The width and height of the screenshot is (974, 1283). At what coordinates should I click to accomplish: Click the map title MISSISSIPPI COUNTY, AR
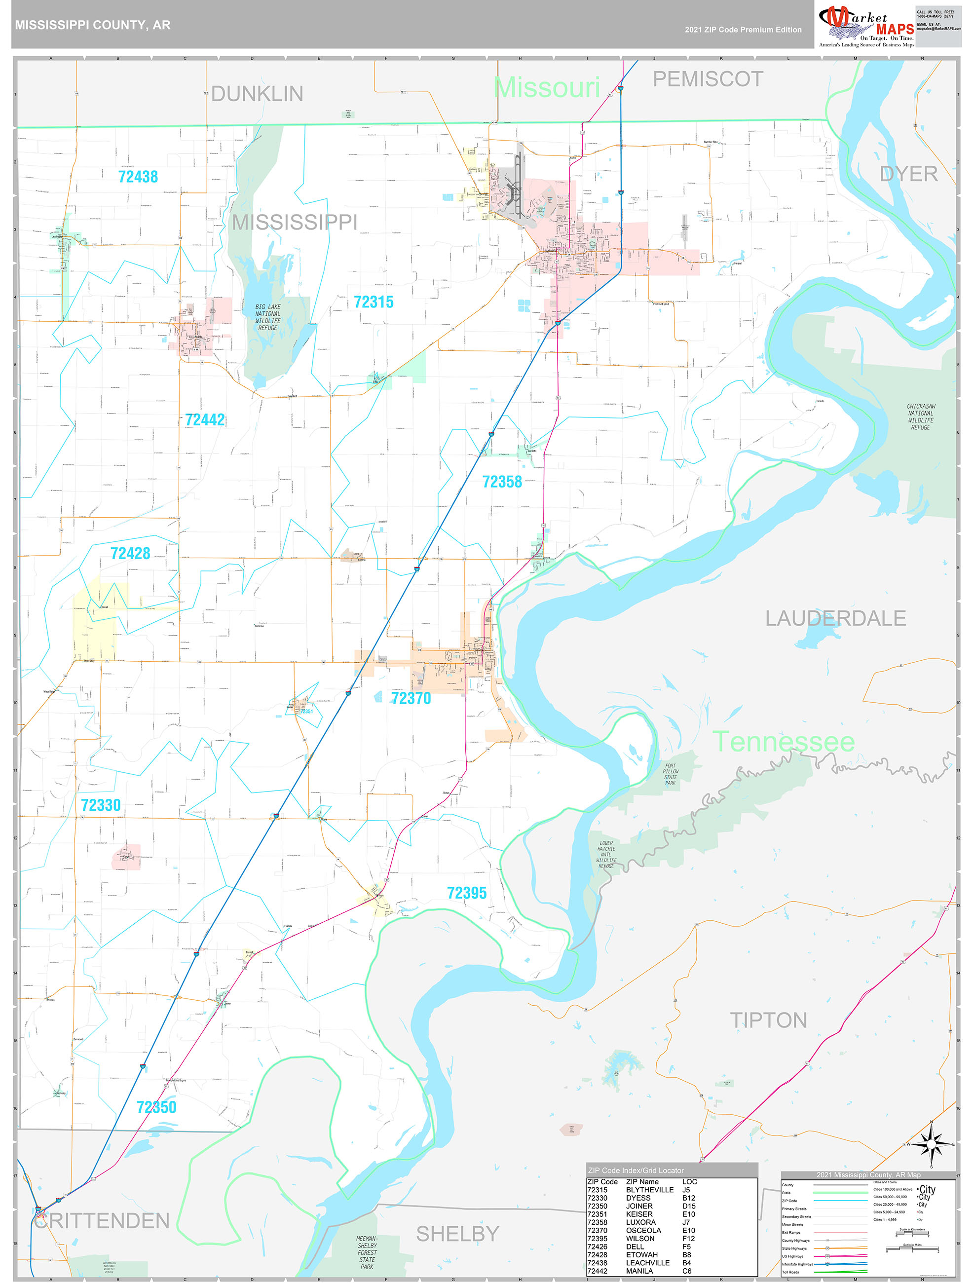[x=93, y=25]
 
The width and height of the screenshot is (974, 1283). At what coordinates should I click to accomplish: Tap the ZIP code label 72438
[x=138, y=176]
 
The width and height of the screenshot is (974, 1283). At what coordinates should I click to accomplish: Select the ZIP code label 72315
[x=373, y=302]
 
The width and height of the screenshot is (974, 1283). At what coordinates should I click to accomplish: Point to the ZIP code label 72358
[x=502, y=482]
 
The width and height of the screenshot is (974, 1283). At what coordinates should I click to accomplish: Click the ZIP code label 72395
[x=466, y=893]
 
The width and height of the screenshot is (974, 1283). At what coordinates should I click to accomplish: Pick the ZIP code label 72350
[x=156, y=1107]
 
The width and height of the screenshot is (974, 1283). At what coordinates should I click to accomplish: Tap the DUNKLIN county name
[x=257, y=94]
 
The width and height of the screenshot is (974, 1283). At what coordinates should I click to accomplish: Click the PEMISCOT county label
[x=708, y=79]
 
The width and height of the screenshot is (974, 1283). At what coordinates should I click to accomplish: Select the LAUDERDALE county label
[x=835, y=618]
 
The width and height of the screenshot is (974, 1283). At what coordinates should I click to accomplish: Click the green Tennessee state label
[x=783, y=742]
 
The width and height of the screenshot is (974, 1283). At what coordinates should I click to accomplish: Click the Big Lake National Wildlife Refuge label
[x=267, y=317]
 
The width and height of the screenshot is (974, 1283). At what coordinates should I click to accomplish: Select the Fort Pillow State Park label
[x=670, y=774]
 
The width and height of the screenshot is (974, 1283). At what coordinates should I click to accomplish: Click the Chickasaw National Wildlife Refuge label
[x=920, y=416]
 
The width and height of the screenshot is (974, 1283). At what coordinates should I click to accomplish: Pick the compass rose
[x=931, y=1144]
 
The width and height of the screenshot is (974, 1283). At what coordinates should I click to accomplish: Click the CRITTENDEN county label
[x=102, y=1221]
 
